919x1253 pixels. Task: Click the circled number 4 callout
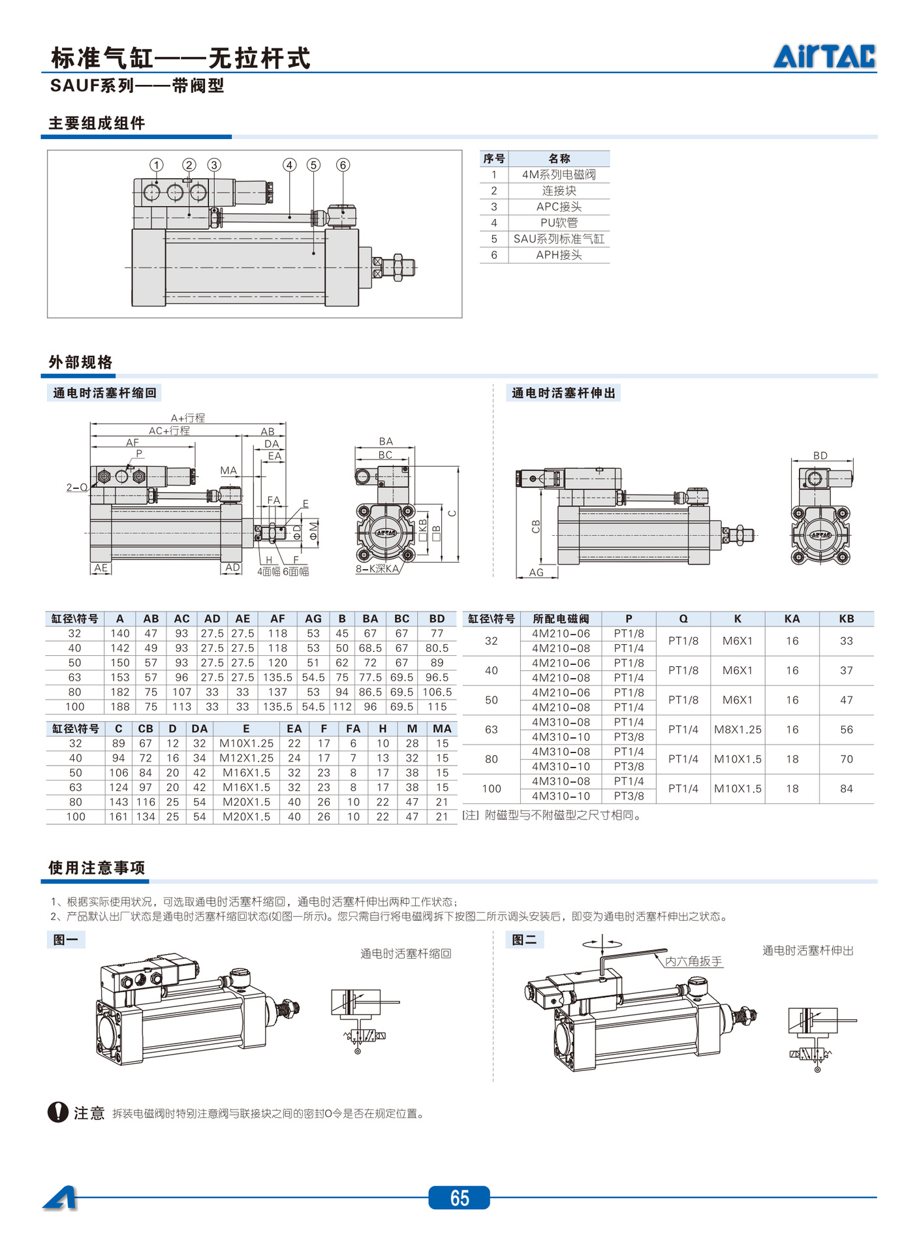tap(290, 164)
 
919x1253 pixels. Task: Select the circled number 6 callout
tap(343, 164)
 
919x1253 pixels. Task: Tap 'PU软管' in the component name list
tap(559, 223)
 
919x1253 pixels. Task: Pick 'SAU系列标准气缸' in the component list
tap(559, 239)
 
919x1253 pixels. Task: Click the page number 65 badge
tap(459, 1198)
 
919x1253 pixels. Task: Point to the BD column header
tap(437, 619)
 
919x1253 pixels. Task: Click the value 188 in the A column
tap(120, 707)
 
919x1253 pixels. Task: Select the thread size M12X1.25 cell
tap(246, 758)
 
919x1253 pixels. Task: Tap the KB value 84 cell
tap(846, 788)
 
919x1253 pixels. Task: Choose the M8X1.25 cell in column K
tap(738, 730)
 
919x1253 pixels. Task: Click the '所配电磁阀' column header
tap(561, 619)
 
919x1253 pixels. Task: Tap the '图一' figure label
tap(66, 940)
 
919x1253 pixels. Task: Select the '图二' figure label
tap(525, 940)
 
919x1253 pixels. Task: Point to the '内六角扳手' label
tap(693, 961)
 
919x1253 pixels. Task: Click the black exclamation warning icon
tap(58, 1112)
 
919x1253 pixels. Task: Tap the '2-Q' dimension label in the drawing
tap(76, 487)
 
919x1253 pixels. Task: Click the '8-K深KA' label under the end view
tap(377, 568)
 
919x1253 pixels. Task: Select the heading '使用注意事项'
tap(97, 867)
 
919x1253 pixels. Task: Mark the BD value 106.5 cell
tap(437, 692)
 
